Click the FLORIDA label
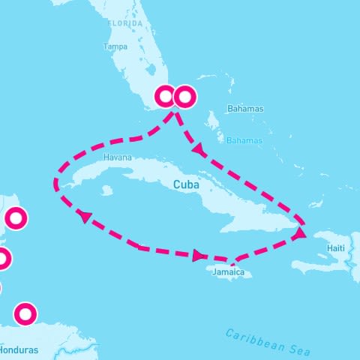pos(124,23)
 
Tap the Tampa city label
pos(115,46)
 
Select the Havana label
pos(118,157)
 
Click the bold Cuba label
pos(186,184)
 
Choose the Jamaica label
pos(228,272)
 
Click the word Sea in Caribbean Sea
pos(298,349)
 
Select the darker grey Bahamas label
pos(245,109)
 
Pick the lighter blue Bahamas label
pos(244,140)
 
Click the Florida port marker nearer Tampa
pos(165,97)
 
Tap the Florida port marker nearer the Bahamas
pos(184,97)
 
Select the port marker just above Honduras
pos(25,313)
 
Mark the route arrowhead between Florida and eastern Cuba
pos(199,151)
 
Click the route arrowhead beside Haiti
pos(299,234)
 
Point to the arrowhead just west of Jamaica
pos(198,256)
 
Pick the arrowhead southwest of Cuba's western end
pos(85,217)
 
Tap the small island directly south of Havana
pos(106,190)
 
